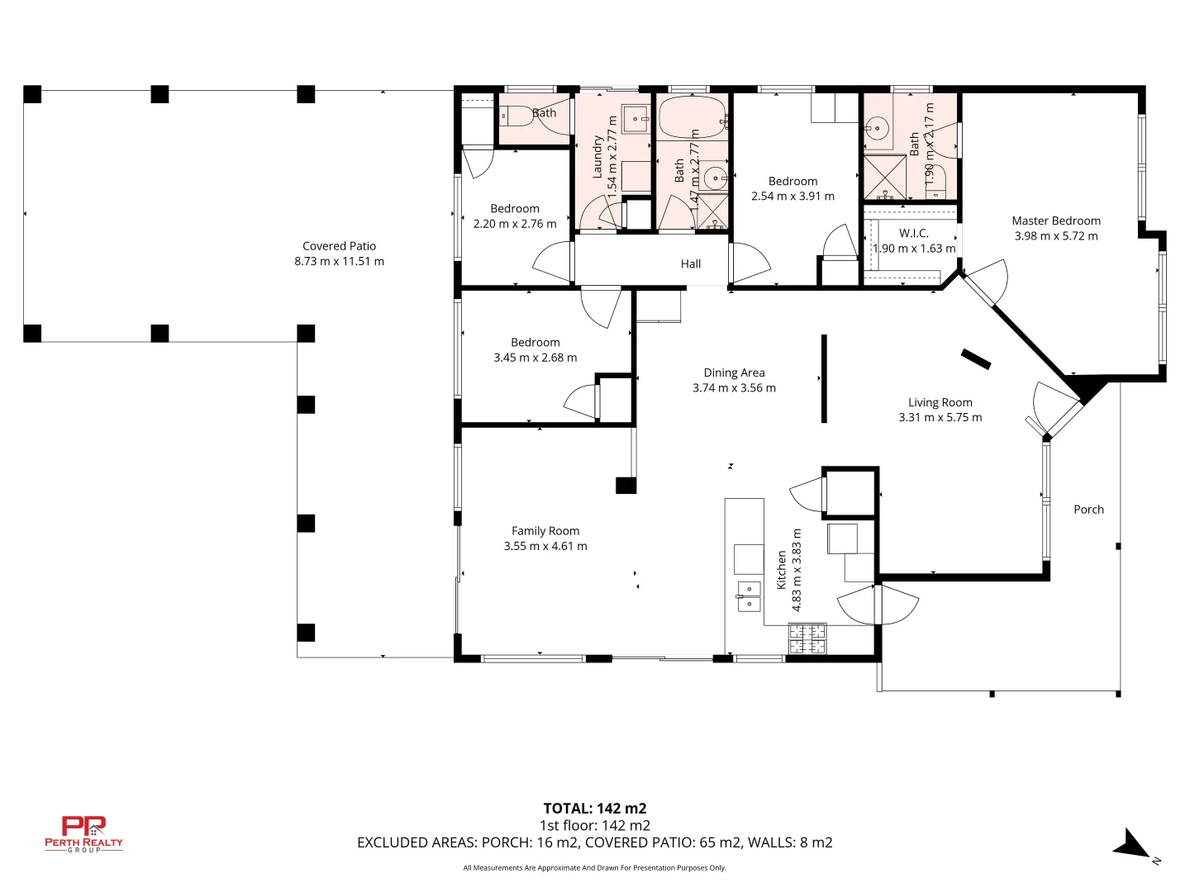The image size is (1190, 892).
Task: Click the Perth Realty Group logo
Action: [x=83, y=834]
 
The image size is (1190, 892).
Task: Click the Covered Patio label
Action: [x=339, y=246]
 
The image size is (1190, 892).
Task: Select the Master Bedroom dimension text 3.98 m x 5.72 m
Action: [x=1055, y=236]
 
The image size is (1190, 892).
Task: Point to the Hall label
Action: [x=690, y=263]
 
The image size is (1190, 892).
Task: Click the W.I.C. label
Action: [x=913, y=234]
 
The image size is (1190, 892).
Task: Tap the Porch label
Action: [x=1088, y=510]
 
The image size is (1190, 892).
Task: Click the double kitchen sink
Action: [x=749, y=596]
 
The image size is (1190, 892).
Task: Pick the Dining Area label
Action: [x=734, y=372]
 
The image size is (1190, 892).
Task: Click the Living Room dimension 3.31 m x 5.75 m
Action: [x=940, y=418]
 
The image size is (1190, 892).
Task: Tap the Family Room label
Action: [x=545, y=531]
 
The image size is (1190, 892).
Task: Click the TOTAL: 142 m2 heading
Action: [x=595, y=809]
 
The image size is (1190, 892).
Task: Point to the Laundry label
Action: [x=597, y=157]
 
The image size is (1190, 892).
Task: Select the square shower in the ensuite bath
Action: [x=884, y=177]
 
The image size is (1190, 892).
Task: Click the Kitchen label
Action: [x=781, y=570]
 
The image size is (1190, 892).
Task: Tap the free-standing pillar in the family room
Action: [x=626, y=486]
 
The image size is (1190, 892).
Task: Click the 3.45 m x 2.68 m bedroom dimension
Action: [x=535, y=358]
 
